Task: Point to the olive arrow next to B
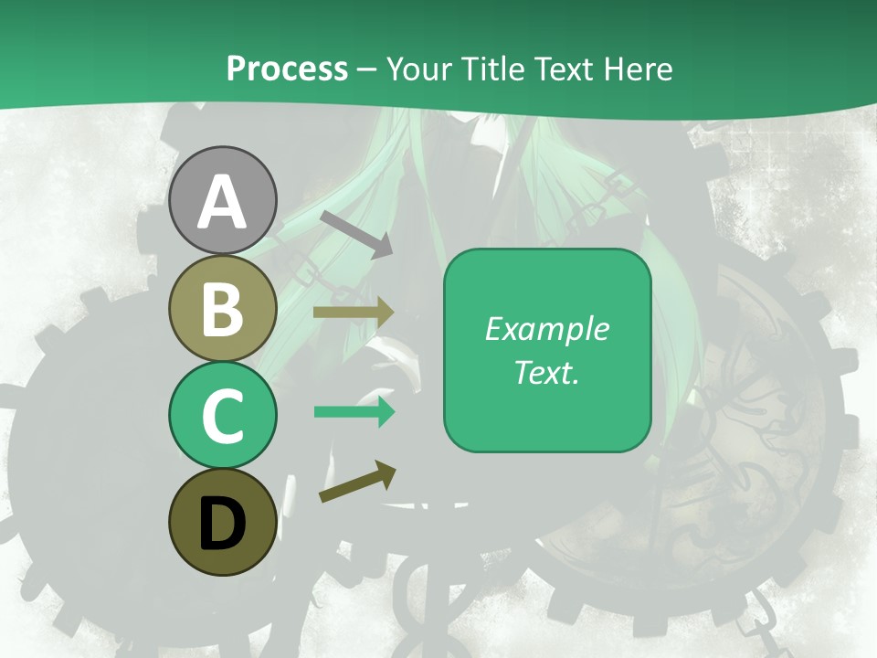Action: pos(354,312)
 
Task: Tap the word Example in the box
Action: pos(547,329)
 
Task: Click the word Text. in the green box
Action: pos(547,372)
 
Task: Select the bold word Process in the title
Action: pos(287,69)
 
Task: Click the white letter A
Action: pos(223,203)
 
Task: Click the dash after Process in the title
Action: pos(367,69)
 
